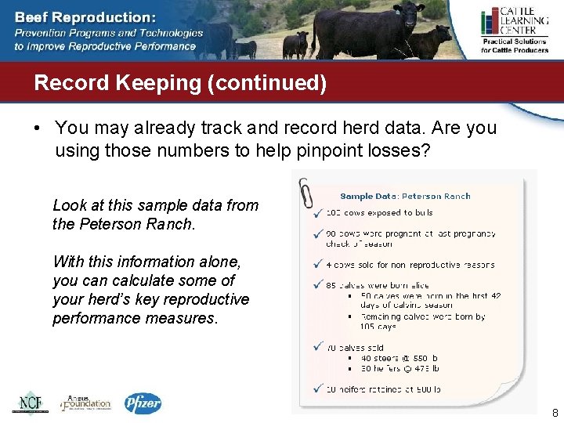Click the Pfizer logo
[x=143, y=403]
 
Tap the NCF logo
[x=29, y=403]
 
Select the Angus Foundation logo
[x=85, y=403]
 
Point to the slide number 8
[x=555, y=413]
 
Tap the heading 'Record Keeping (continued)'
[x=180, y=83]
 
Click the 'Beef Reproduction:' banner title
[x=85, y=16]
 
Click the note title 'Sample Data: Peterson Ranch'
[x=405, y=196]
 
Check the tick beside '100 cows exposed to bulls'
[x=316, y=212]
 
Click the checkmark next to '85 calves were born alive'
[x=316, y=285]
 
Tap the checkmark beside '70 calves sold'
[x=316, y=347]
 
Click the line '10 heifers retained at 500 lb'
[x=384, y=389]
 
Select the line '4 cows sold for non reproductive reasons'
[x=410, y=265]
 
